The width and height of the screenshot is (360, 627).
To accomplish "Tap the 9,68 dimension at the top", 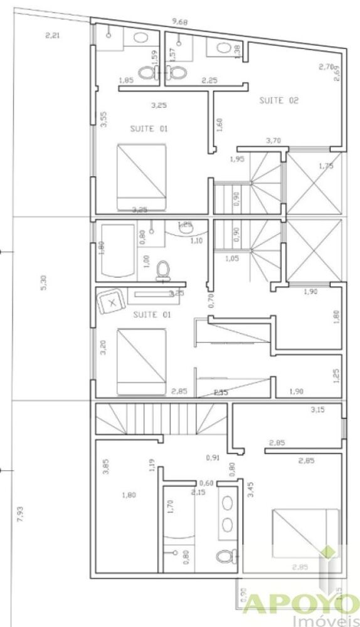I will [x=181, y=23].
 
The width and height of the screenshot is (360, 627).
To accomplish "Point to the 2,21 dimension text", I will [x=53, y=35].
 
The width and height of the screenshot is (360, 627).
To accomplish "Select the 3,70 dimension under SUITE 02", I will [x=273, y=140].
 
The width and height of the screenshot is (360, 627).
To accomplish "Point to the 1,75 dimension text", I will [x=326, y=166].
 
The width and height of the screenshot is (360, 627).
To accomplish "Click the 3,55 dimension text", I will [x=104, y=120].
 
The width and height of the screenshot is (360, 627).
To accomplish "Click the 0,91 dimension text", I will [x=213, y=458].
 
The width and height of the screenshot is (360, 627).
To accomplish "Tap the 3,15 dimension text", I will [x=319, y=411].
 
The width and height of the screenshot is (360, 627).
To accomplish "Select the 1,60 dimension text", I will [x=219, y=124].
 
